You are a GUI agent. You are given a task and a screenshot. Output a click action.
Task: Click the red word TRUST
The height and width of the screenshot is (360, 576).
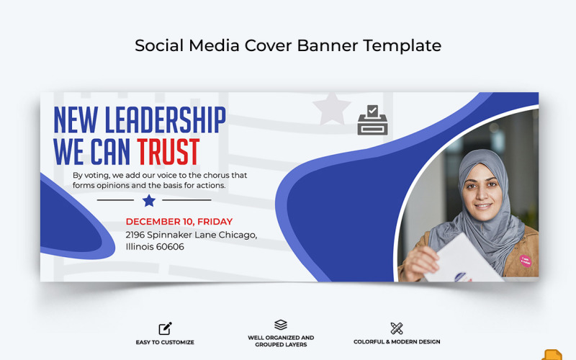pos(168,152)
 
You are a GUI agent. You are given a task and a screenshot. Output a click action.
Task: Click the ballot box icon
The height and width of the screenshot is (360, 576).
pos(372,120)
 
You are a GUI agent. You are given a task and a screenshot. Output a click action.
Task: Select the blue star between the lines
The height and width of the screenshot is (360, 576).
pos(149,200)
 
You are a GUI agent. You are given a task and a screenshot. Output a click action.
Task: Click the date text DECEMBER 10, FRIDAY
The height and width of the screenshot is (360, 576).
pos(179,222)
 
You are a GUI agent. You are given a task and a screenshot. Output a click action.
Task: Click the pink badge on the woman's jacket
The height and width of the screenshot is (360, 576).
pos(526,260)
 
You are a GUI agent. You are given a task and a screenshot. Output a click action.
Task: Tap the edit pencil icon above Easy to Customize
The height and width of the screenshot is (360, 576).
pos(165,328)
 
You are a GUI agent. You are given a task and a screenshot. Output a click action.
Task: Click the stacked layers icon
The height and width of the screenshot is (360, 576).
pos(281,325)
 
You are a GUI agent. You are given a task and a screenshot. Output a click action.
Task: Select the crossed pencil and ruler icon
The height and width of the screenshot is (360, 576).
pos(397,328)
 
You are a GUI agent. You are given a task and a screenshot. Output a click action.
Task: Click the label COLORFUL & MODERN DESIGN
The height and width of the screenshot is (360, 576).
pos(397,342)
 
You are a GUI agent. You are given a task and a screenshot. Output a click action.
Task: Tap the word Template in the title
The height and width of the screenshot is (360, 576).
pos(402,45)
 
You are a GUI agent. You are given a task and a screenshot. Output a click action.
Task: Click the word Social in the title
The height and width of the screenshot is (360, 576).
pos(159,45)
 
